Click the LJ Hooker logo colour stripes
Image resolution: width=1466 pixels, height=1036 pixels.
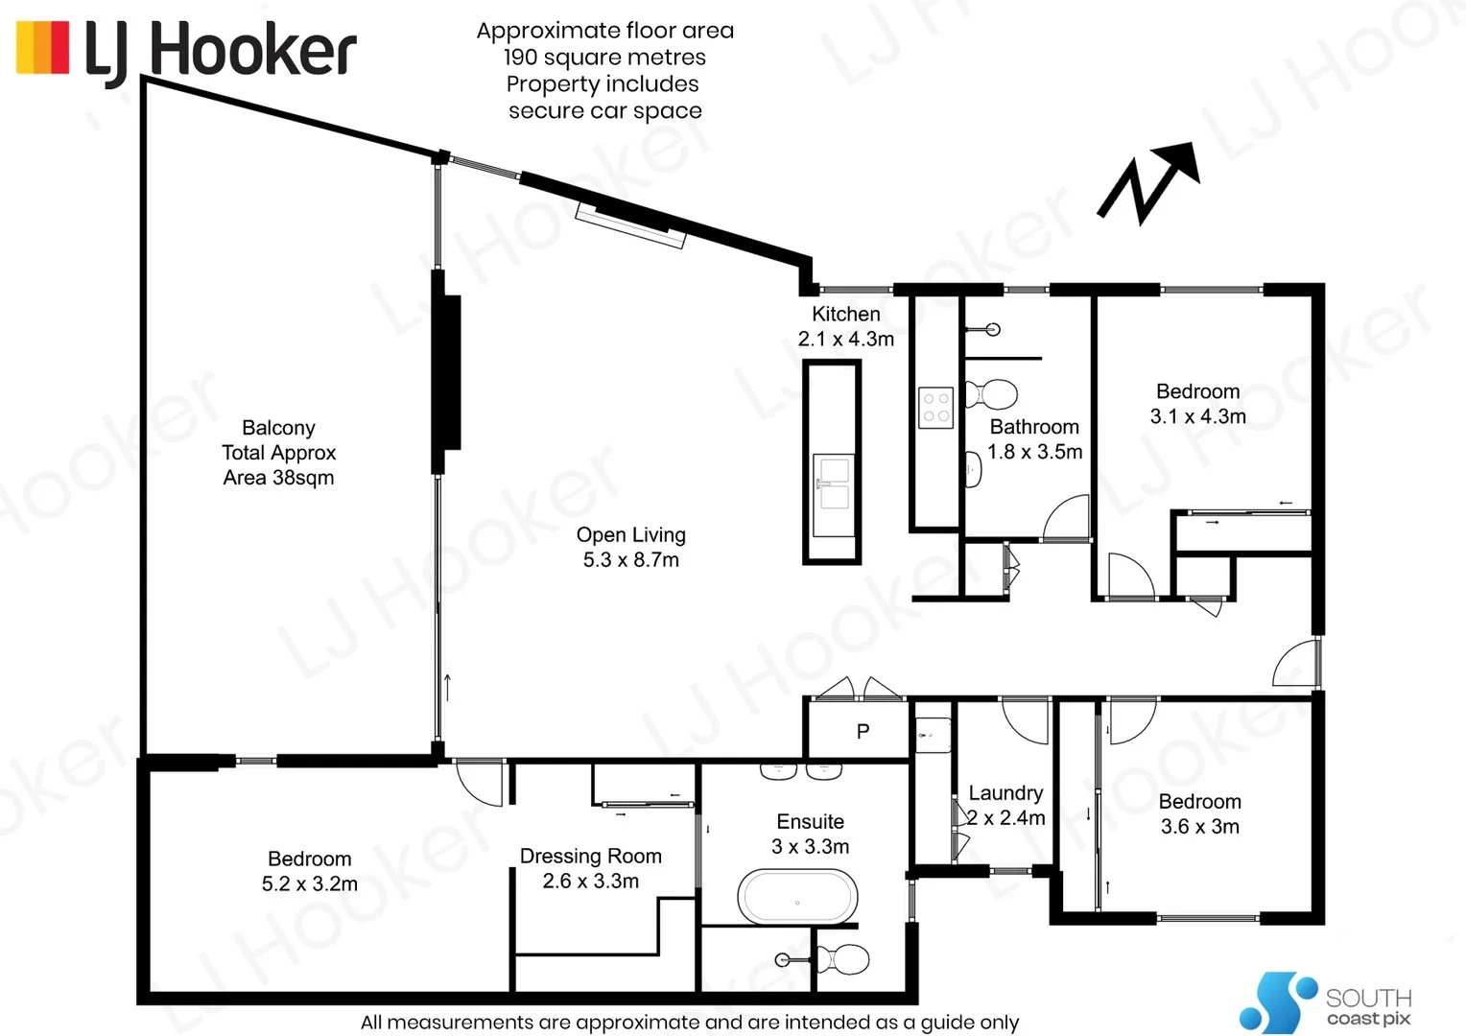pyautogui.click(x=43, y=48)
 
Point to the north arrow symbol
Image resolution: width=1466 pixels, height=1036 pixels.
pyautogui.click(x=1149, y=182)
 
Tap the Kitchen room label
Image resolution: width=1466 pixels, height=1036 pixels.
pyautogui.click(x=845, y=315)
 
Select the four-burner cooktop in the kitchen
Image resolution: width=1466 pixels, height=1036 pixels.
pyautogui.click(x=935, y=407)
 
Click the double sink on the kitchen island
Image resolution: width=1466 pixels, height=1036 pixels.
pyautogui.click(x=833, y=495)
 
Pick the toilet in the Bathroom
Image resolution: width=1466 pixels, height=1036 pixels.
pyautogui.click(x=992, y=393)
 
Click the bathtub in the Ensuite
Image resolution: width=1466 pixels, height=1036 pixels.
pyautogui.click(x=797, y=898)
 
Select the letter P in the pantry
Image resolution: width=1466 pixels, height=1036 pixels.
pyautogui.click(x=863, y=732)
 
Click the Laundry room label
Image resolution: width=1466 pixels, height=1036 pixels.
pyautogui.click(x=1005, y=793)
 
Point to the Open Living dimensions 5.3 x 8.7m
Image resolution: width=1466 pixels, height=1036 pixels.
pyautogui.click(x=630, y=560)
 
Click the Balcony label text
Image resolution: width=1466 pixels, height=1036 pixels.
pyautogui.click(x=278, y=429)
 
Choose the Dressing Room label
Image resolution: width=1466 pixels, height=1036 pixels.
pyautogui.click(x=590, y=856)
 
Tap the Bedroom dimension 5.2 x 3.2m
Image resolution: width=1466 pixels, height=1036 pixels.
pyautogui.click(x=309, y=884)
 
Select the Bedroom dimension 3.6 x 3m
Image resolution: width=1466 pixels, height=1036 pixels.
pyautogui.click(x=1199, y=827)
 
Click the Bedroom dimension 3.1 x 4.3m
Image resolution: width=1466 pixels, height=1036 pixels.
pyautogui.click(x=1197, y=416)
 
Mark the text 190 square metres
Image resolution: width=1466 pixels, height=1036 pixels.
pyautogui.click(x=604, y=58)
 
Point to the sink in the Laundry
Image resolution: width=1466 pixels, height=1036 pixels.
pyautogui.click(x=933, y=735)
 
